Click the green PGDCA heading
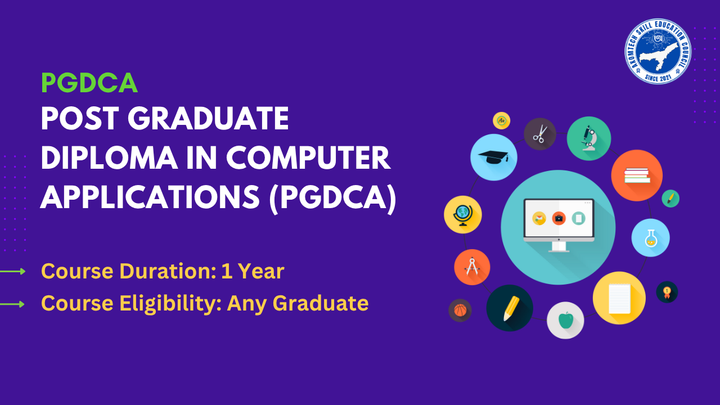89,83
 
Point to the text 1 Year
253,271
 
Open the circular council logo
658,51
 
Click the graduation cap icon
493,157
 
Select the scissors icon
540,134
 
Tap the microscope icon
588,138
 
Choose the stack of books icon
637,175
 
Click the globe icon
462,214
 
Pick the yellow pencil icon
510,308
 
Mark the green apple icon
565,321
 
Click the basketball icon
460,310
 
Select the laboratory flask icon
650,238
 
